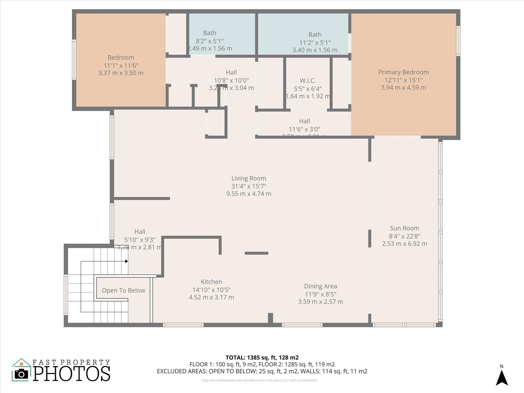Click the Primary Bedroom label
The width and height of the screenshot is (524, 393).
click(403, 72)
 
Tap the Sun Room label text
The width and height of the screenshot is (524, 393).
click(405, 228)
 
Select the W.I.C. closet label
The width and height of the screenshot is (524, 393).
click(308, 81)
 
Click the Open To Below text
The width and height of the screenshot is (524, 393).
click(123, 290)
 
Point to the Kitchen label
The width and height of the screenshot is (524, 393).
click(211, 282)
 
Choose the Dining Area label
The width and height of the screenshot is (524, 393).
click(320, 286)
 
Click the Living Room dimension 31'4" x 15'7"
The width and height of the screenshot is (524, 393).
click(249, 186)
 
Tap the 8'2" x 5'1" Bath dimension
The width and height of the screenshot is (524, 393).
click(210, 41)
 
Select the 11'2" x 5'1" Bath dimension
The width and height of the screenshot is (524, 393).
click(315, 42)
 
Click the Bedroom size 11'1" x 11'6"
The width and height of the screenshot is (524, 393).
click(121, 65)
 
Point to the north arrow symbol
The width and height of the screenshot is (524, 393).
click(502, 378)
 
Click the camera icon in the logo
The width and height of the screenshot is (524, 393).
click(21, 374)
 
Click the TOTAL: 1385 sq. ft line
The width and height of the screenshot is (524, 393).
click(262, 357)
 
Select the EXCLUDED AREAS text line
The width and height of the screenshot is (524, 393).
click(262, 371)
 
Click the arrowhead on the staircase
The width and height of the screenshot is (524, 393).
click(126, 261)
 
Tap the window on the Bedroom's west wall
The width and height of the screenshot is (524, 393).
click(74, 59)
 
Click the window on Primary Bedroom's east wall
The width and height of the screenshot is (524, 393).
click(458, 41)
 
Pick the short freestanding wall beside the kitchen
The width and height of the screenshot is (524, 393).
click(256, 253)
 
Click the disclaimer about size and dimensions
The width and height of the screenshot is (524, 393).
click(259, 380)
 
